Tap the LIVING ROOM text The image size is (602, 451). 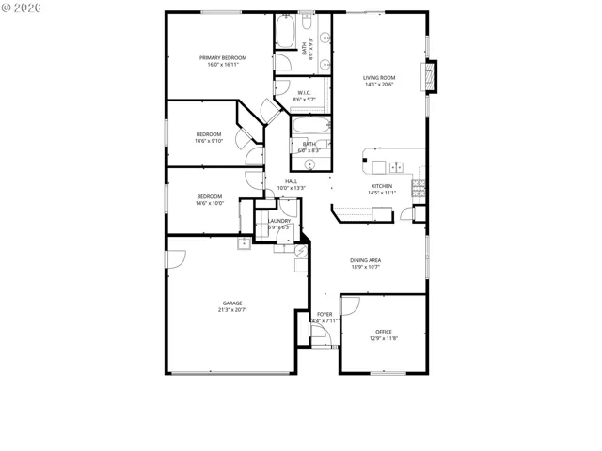pyautogui.click(x=379, y=78)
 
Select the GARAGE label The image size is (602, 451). pyautogui.click(x=232, y=303)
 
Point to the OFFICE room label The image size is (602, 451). pyautogui.click(x=383, y=332)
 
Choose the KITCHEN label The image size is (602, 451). pyautogui.click(x=381, y=186)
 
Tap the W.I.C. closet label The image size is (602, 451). pyautogui.click(x=304, y=93)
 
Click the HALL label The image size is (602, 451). pyautogui.click(x=292, y=181)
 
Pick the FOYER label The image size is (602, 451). pyautogui.click(x=325, y=314)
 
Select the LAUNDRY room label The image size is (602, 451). pyautogui.click(x=279, y=221)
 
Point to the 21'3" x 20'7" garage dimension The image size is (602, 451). pyautogui.click(x=232, y=310)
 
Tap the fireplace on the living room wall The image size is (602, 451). pyautogui.click(x=432, y=77)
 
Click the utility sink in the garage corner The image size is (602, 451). pyautogui.click(x=243, y=243)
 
